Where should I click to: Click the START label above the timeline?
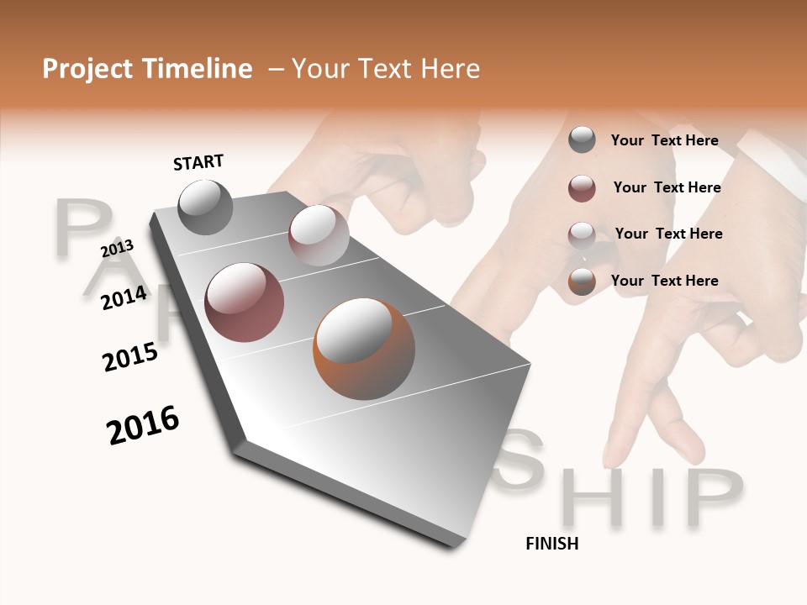(198, 162)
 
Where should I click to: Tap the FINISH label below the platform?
(551, 544)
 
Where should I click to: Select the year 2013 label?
(117, 249)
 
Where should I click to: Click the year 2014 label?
(124, 297)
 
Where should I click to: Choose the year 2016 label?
(143, 425)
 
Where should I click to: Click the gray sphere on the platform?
(205, 207)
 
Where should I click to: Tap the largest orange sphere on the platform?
(363, 349)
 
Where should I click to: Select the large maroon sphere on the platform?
(244, 302)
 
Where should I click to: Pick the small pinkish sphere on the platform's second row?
(318, 235)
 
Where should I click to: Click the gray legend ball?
(582, 140)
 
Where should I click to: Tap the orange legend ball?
(582, 281)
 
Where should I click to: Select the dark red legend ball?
(582, 188)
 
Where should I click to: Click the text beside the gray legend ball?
(664, 140)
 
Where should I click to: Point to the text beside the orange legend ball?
(664, 281)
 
